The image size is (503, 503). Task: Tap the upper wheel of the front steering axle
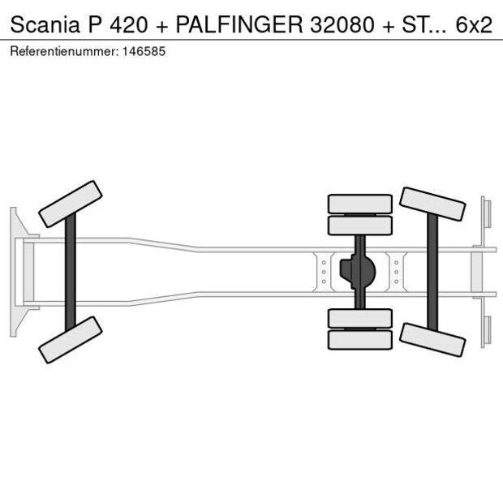pyautogui.click(x=71, y=204)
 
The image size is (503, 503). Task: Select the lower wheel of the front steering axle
pyautogui.click(x=71, y=340)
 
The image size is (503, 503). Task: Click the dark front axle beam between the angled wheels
pyautogui.click(x=71, y=272)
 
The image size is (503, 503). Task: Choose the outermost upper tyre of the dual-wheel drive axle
pyautogui.click(x=359, y=203)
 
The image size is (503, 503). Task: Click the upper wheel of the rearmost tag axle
pyautogui.click(x=432, y=204)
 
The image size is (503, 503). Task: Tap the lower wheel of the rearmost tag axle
pyautogui.click(x=432, y=339)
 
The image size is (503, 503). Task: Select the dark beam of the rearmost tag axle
pyautogui.click(x=432, y=272)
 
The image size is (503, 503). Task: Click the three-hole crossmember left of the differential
pyautogui.click(x=324, y=272)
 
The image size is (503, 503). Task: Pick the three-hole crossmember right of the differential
pyautogui.click(x=396, y=272)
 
